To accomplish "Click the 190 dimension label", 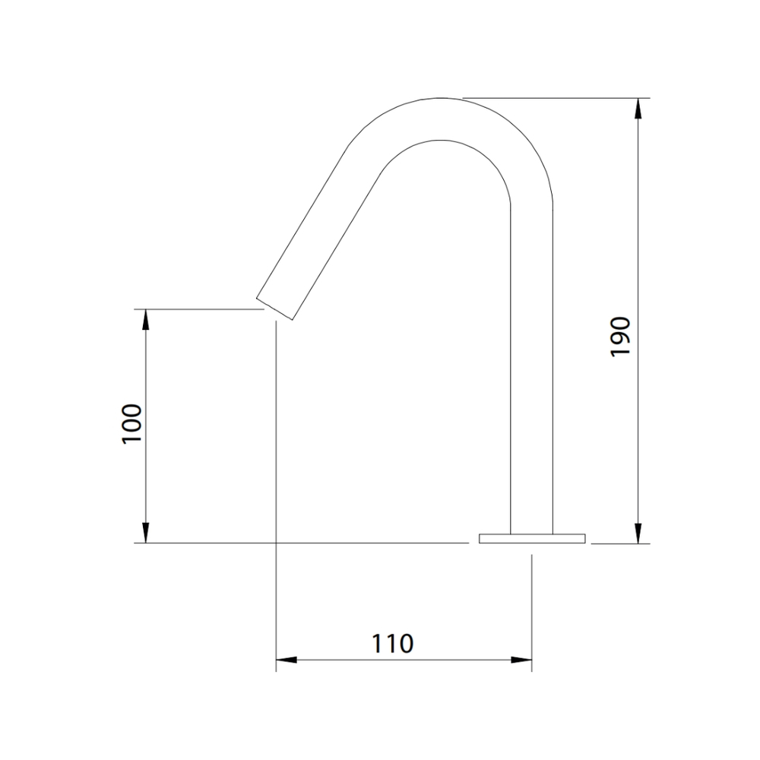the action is tap(620, 337).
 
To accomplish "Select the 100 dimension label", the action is tap(131, 423).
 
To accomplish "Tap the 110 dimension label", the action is tap(393, 644).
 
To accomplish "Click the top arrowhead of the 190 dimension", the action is tap(638, 108).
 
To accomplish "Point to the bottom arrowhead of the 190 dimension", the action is tap(638, 534).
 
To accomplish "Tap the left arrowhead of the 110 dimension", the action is tap(287, 660).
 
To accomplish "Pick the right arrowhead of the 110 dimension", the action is tap(521, 660).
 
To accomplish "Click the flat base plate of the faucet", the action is tap(532, 539).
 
